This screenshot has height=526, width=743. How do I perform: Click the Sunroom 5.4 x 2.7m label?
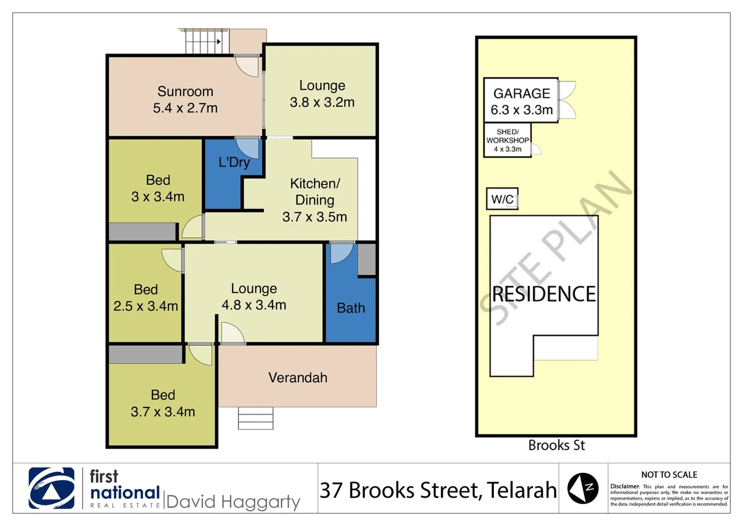pos(185,100)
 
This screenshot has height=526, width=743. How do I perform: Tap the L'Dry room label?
pos(234,162)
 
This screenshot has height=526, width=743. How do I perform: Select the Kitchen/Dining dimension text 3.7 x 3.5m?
pos(314,217)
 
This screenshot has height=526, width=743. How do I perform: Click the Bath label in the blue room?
pos(350,308)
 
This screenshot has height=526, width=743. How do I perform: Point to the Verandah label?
pos(297,377)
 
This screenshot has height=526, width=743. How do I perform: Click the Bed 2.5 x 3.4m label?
pos(145,298)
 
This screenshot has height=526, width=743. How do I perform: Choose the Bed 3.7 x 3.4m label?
pos(163,403)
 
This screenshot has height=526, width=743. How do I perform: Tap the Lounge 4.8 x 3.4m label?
pos(254,297)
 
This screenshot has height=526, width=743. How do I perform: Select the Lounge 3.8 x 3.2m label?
pos(322,94)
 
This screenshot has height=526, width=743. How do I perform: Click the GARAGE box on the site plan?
pos(521,101)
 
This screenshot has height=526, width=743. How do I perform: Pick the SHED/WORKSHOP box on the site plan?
pos(507,140)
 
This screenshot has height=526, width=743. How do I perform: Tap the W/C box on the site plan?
pos(502,199)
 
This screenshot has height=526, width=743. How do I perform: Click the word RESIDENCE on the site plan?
pos(544,294)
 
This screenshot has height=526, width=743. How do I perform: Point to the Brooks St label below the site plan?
pos(556,445)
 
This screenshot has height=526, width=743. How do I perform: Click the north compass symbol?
pos(583,488)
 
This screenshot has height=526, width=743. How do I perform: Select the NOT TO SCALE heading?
pos(669,474)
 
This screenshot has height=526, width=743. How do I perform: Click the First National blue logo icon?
pos(52,488)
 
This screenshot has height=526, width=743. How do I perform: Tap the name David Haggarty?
pos(233,502)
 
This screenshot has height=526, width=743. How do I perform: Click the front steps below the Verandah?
pos(255,418)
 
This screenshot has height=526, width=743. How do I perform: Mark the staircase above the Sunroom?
pos(204,41)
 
